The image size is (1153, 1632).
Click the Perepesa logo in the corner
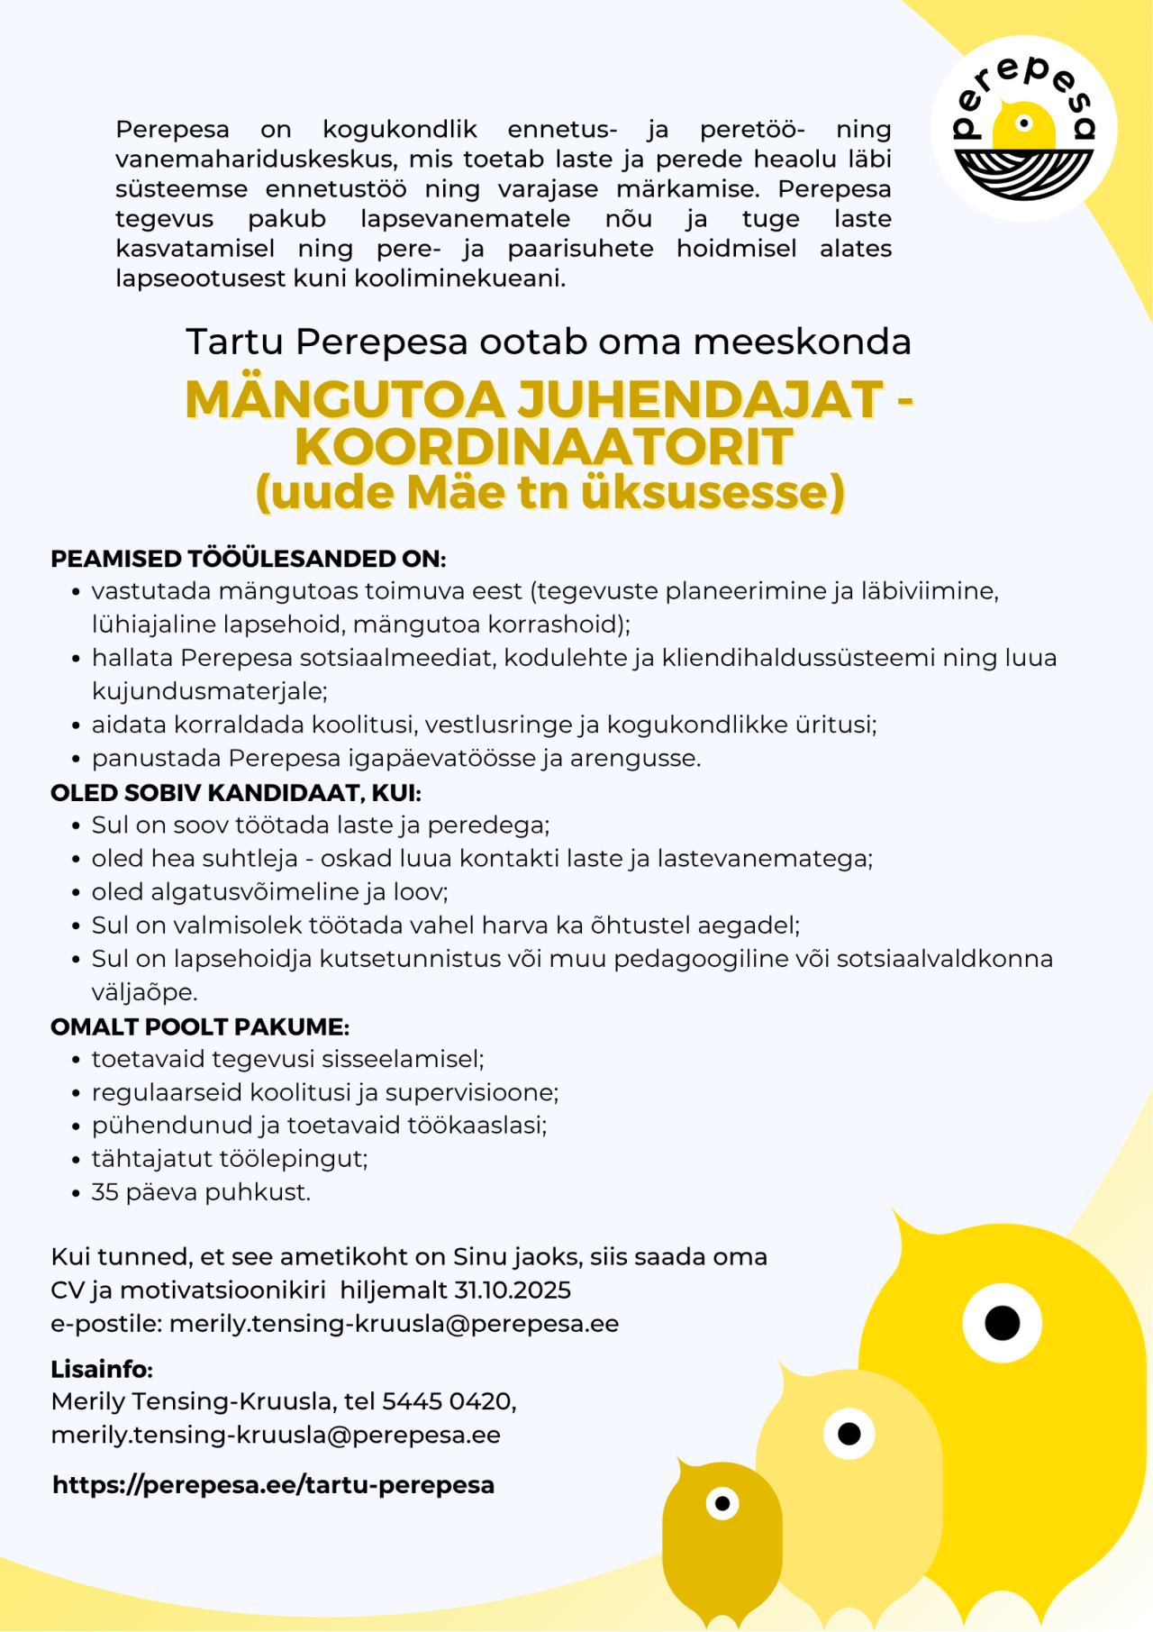1024,128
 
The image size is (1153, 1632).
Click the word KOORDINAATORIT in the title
544,446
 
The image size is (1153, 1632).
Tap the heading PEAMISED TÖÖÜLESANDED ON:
249,559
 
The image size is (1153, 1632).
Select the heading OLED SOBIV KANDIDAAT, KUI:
236,793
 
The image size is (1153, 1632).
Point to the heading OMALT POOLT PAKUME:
200,1026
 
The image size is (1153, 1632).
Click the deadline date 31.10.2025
513,1290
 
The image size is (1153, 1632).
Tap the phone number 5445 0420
447,1401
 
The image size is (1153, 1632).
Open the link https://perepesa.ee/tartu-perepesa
274,1484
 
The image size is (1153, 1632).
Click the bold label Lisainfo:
102,1369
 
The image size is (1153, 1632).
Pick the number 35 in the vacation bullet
104,1192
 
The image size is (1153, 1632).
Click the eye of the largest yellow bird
1002,1323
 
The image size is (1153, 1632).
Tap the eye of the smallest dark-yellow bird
722,1502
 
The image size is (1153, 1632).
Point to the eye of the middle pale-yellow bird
849,1433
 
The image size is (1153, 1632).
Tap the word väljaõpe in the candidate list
144,992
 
